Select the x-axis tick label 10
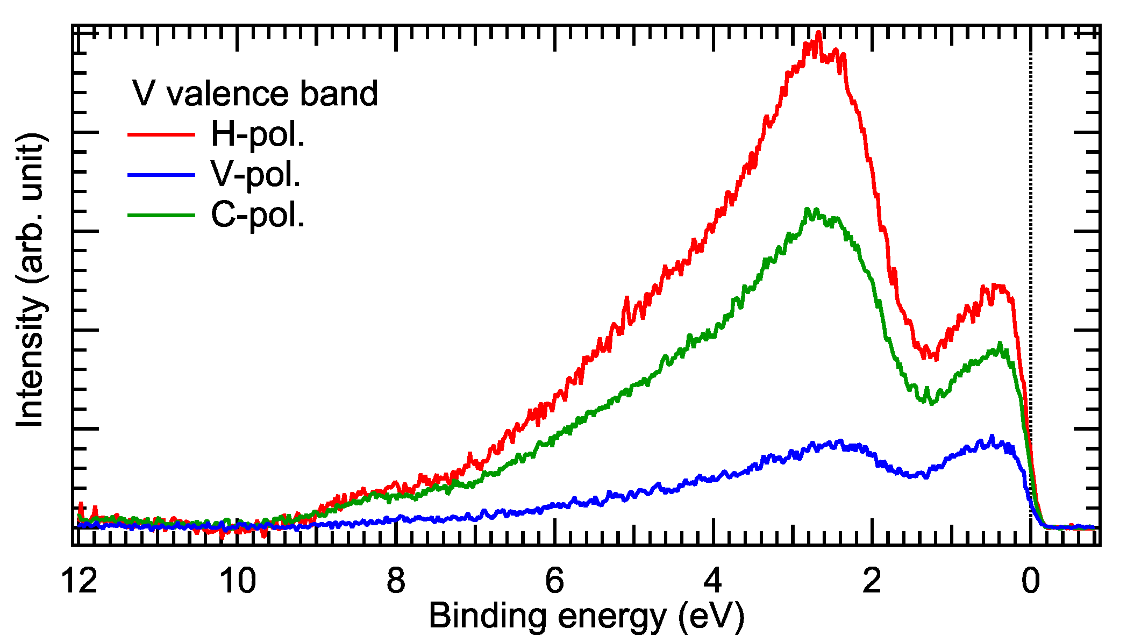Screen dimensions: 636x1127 [x=238, y=582]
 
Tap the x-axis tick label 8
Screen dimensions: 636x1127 [x=396, y=582]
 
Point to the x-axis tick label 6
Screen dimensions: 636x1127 [x=554, y=582]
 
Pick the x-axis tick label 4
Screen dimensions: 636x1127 [x=713, y=582]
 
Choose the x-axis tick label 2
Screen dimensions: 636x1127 [x=872, y=582]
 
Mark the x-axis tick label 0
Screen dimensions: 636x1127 [x=1030, y=582]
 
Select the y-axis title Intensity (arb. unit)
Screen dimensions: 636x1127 [x=30, y=280]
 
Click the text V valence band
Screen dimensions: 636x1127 [x=255, y=94]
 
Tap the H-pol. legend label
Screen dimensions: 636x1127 [x=258, y=134]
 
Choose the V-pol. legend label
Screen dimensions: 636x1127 [x=255, y=174]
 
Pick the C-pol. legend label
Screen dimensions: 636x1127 [x=258, y=215]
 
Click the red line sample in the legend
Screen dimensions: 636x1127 [x=161, y=134]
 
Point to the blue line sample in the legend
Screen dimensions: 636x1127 [x=161, y=174]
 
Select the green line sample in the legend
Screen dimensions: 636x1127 [x=161, y=215]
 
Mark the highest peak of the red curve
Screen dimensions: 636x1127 [x=818, y=33]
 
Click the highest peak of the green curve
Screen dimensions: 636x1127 [x=807, y=209]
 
